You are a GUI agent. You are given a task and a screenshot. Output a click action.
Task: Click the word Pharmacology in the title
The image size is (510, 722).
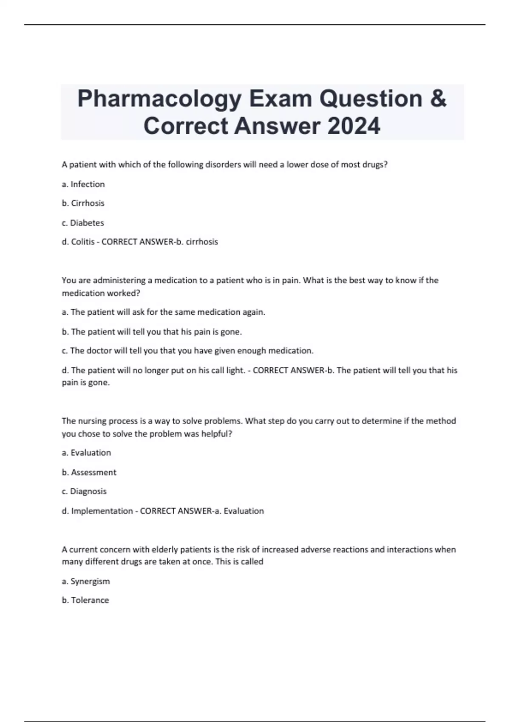pyautogui.click(x=159, y=99)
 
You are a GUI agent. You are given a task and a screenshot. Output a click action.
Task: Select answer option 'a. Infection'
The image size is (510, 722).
pyautogui.click(x=83, y=184)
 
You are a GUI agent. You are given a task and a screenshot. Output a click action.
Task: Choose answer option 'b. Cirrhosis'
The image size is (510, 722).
pyautogui.click(x=83, y=203)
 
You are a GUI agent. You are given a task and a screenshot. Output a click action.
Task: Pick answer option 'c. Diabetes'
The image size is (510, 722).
pyautogui.click(x=83, y=223)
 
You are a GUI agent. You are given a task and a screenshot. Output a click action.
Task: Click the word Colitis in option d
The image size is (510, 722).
pyautogui.click(x=83, y=242)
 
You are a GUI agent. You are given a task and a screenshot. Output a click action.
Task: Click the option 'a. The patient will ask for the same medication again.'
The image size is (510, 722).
pyautogui.click(x=164, y=312)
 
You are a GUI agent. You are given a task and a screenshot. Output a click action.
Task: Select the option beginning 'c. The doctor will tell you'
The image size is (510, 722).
pyautogui.click(x=187, y=351)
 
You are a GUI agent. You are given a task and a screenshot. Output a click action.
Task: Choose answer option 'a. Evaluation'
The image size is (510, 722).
pyautogui.click(x=86, y=453)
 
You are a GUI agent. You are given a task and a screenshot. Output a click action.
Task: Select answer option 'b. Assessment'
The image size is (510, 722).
pyautogui.click(x=89, y=472)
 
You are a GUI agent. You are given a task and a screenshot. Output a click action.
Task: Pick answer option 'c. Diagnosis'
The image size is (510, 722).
pyautogui.click(x=84, y=491)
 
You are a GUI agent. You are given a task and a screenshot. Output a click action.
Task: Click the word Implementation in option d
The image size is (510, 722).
pyautogui.click(x=102, y=511)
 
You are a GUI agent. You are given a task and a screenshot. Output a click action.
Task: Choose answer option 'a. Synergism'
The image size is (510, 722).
pyautogui.click(x=86, y=581)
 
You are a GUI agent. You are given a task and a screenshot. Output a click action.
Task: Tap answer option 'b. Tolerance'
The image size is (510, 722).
pyautogui.click(x=85, y=600)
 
